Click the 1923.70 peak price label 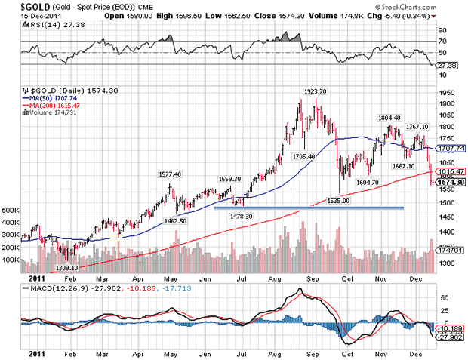316,91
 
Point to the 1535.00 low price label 340,201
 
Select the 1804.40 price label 389,118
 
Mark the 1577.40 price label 169,174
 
